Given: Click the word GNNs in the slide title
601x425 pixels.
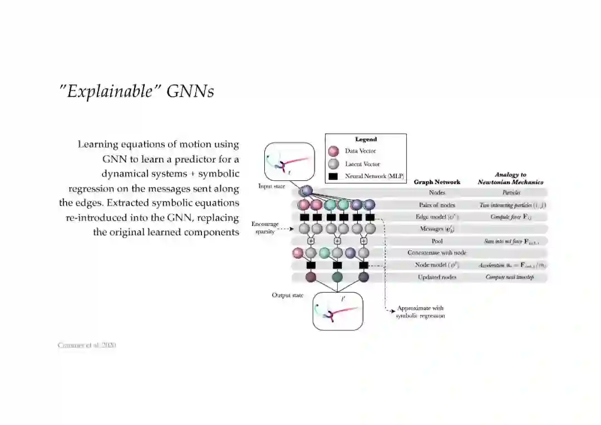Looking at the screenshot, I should tap(190, 91).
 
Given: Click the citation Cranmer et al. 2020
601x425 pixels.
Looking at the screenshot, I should tap(87, 345).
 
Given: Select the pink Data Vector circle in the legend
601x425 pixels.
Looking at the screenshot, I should tap(334, 151).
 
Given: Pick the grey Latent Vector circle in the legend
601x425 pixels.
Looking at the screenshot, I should tap(334, 164).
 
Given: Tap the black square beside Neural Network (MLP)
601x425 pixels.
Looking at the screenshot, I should tap(334, 176).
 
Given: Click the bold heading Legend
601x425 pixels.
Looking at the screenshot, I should tap(366, 140).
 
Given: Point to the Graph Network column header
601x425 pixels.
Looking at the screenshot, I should tap(437, 182).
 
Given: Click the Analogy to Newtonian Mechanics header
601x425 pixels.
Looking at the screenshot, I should tap(510, 179).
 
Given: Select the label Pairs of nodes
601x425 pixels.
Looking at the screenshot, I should tap(437, 205).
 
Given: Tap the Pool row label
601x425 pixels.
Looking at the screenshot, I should tap(437, 241).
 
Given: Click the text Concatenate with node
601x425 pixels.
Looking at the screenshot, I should tap(437, 253).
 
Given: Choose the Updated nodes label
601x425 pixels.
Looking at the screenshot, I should tap(437, 277).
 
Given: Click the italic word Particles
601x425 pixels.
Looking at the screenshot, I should tap(511, 193).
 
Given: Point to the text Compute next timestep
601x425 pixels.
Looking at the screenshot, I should tap(510, 277).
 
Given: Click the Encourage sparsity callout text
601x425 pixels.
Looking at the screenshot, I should tap(265, 228).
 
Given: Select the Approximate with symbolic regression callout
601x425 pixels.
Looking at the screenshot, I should tap(420, 312).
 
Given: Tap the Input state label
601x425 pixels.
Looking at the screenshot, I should tap(272, 186).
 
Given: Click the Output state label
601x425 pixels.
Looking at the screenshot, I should tap(287, 295).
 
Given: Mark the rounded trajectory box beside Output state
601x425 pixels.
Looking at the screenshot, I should tap(338, 311).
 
